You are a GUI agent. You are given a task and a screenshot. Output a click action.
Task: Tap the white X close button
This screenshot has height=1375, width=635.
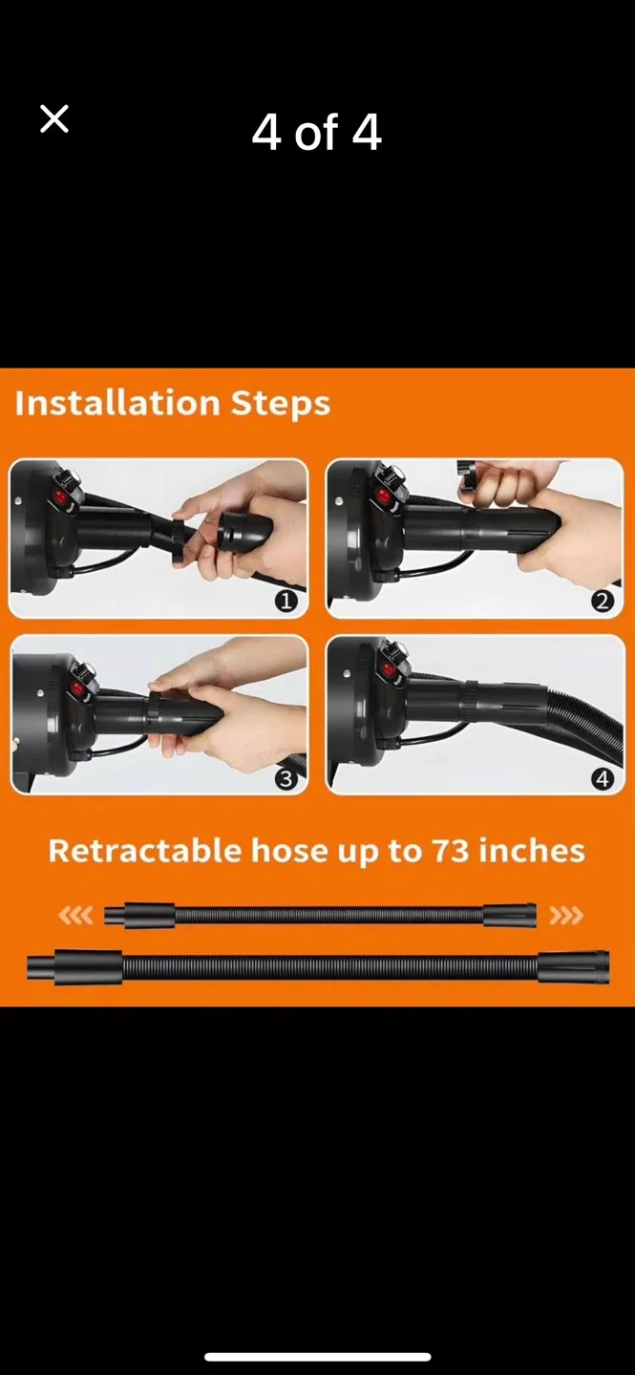(x=54, y=119)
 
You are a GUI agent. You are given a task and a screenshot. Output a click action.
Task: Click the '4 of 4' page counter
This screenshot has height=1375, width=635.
(x=316, y=132)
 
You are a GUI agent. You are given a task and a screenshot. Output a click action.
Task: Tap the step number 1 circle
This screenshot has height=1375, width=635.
(x=286, y=602)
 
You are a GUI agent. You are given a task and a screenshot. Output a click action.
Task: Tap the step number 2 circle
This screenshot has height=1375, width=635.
(x=602, y=602)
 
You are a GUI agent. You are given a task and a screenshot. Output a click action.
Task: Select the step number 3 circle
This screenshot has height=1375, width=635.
(x=286, y=779)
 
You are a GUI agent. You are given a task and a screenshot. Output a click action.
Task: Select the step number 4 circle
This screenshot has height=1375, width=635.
(x=602, y=779)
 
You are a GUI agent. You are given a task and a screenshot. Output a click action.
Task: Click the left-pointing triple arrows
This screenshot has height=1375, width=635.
(x=75, y=917)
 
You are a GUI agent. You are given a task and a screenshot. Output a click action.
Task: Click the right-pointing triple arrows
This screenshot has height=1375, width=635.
(x=565, y=917)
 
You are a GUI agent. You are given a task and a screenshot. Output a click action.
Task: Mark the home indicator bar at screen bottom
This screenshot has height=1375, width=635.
(x=317, y=1357)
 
